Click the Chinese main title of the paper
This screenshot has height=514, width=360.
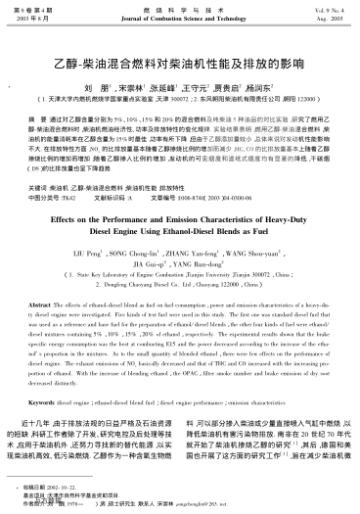[x=180, y=48]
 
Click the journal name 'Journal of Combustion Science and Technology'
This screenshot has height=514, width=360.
[x=181, y=19]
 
